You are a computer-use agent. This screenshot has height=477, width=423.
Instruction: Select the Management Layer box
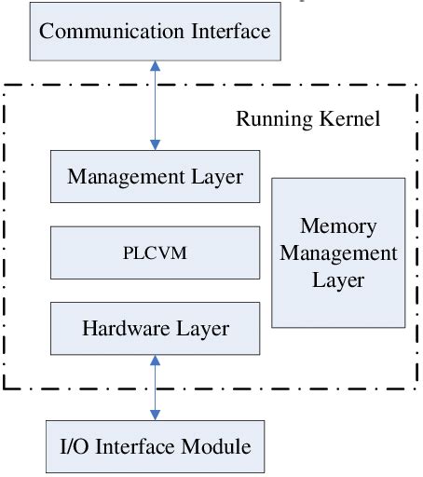tap(156, 177)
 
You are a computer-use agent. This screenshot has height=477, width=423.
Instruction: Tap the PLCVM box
tap(156, 252)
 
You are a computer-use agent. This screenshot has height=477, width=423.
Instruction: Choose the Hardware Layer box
tap(156, 329)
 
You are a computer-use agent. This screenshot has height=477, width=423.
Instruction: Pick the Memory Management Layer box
tap(338, 252)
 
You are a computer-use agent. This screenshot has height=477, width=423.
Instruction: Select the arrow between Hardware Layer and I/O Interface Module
tap(155, 388)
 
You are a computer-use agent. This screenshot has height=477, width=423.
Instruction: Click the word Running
tap(266, 120)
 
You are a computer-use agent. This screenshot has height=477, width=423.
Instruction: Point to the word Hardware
tap(119, 329)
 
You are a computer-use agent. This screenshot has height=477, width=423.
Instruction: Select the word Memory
tap(338, 227)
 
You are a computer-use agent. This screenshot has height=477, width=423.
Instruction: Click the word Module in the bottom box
tap(217, 447)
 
